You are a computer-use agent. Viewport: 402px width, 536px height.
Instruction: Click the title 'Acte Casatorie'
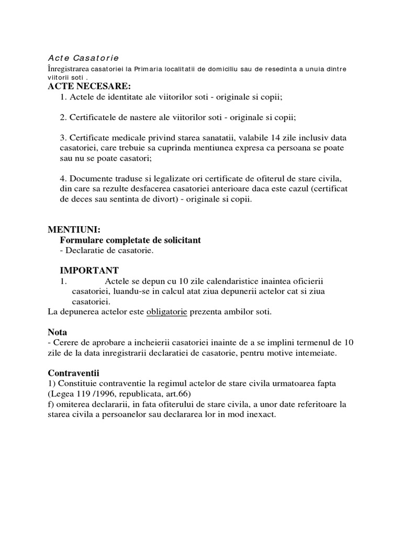[x=83, y=58]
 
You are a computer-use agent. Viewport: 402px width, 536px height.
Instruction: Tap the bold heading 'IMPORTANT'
[x=90, y=270]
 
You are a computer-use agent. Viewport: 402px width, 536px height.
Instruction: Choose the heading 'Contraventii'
[x=73, y=373]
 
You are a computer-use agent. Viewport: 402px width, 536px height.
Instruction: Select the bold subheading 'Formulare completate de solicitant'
[x=130, y=240]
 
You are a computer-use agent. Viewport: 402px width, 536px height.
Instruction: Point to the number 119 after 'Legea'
[x=83, y=394]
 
